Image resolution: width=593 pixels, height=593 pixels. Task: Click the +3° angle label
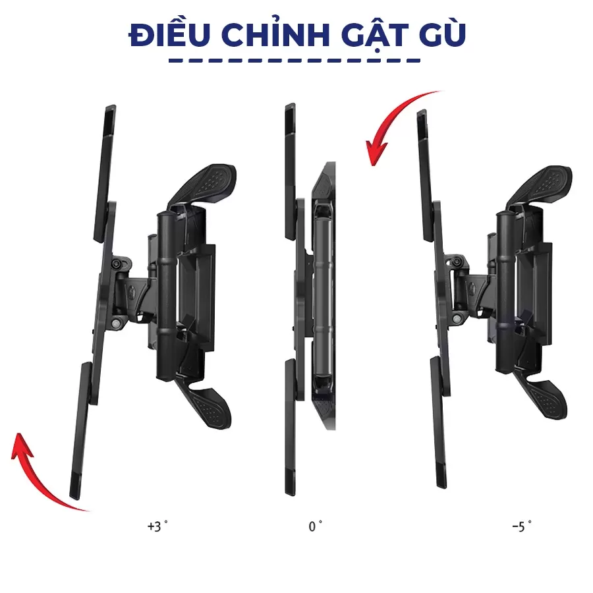[x=157, y=526]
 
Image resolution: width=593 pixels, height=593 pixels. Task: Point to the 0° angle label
[x=315, y=526]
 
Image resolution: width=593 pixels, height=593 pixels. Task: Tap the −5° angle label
[x=522, y=526]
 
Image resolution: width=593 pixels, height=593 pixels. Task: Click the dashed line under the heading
[x=295, y=61]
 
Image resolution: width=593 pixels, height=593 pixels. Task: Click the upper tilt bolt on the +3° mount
[x=117, y=264]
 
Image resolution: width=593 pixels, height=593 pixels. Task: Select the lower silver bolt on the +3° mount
[x=116, y=324]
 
